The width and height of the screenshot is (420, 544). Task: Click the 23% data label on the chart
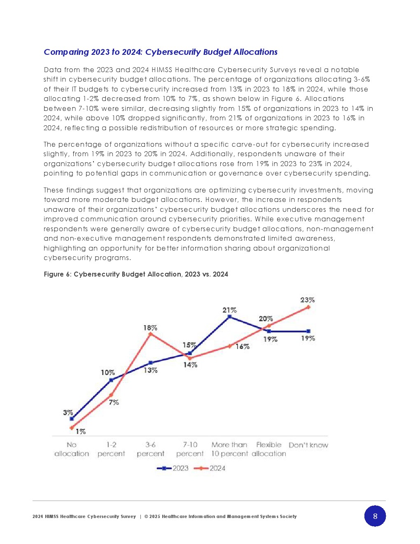pos(308,300)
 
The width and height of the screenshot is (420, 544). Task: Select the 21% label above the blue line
pos(229,310)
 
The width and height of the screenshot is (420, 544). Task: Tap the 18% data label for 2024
pos(150,328)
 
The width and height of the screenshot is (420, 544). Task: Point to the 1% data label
pos(81,431)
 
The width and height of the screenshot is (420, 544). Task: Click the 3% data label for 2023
pos(68,413)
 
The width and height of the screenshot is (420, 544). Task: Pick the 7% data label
pos(114,402)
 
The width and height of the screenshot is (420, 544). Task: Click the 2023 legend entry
pos(173,468)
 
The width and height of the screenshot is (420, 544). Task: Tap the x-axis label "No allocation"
pos(72,449)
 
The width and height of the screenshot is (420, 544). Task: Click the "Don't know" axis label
pos(308,445)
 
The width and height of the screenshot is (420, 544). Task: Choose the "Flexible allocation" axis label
pos(269,449)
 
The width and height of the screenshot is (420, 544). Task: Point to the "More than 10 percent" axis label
pos(229,449)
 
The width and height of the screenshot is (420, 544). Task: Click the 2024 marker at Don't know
pos(308,307)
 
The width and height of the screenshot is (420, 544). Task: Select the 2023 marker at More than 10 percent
pos(229,317)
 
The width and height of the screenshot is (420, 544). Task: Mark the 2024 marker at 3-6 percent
pos(150,334)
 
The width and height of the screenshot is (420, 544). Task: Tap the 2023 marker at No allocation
pos(72,419)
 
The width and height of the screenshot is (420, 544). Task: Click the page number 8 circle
pos(375,516)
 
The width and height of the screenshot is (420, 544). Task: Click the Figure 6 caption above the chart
pos(136,274)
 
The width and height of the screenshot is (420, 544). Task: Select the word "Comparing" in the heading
pos(66,52)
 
